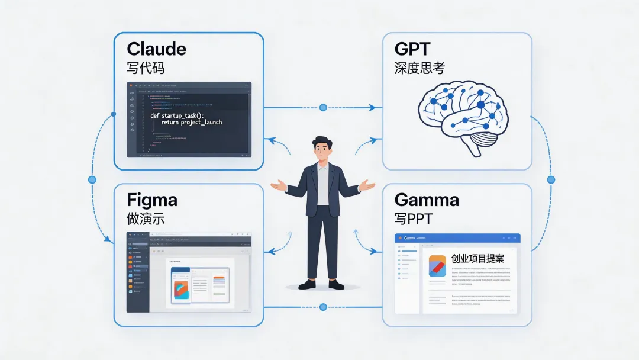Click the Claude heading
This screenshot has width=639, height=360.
pos(156,49)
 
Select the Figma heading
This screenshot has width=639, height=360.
pos(151,199)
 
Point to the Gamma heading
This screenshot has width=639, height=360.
pos(426,199)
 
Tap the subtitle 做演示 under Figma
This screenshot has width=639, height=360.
pos(146,218)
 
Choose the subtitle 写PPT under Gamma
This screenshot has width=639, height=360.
pos(414,218)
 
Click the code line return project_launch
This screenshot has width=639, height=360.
pos(191,123)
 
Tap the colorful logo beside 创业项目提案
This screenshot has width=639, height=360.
pos(437,266)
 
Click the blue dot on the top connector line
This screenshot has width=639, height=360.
pos(323,108)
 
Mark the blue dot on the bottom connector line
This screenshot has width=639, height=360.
pos(323,307)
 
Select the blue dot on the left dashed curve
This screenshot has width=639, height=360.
pos(92,179)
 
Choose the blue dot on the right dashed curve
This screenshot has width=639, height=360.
pos(551,179)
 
